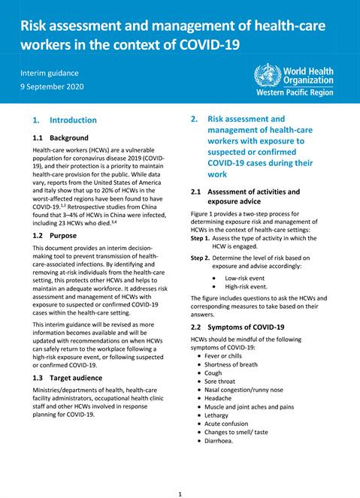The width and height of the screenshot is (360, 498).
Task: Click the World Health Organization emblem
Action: [x=267, y=75]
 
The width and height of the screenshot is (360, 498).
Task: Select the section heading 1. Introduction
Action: [x=65, y=120]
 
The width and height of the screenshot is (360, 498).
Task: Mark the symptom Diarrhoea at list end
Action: [x=223, y=441]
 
